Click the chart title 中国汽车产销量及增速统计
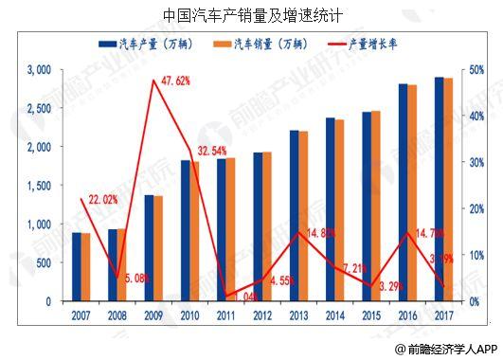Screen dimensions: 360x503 point(251,15)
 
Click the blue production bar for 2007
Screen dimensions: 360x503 point(77,267)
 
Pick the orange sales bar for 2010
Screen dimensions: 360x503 point(195,231)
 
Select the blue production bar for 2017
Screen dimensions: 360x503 point(440,189)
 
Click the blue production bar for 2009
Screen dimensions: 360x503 point(148,248)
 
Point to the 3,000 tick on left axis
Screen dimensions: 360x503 point(39,70)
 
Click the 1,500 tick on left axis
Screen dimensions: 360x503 point(39,186)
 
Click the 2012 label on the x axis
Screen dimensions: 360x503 point(263,316)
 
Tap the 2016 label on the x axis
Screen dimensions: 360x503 point(408,316)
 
